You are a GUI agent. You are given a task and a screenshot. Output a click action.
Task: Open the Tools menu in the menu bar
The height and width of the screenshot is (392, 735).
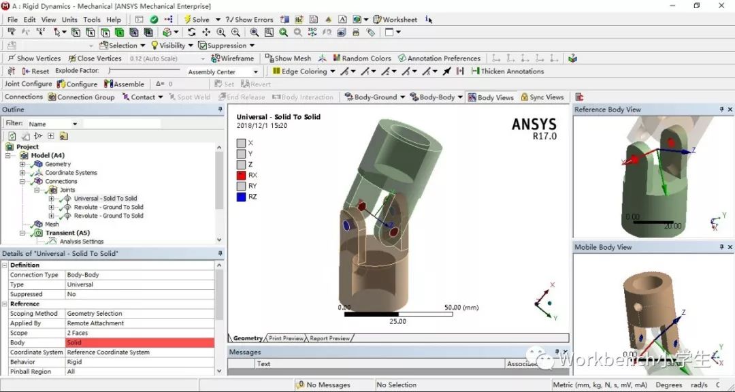[x=92, y=20]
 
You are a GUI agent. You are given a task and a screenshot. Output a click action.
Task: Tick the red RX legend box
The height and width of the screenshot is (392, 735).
[x=242, y=175]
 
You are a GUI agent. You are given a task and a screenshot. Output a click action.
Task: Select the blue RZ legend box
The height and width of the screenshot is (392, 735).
[x=242, y=197]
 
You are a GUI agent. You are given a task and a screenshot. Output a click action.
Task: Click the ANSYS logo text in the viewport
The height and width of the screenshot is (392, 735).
[x=534, y=125]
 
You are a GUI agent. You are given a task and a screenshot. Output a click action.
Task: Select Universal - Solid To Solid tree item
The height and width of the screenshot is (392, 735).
[x=105, y=199]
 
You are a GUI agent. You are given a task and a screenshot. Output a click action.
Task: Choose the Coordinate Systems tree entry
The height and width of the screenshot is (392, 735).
[x=71, y=173]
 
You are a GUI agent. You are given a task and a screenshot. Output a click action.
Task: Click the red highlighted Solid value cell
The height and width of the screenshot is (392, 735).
[x=140, y=342]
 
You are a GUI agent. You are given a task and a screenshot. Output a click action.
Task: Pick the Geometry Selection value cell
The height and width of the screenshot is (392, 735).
[x=140, y=314]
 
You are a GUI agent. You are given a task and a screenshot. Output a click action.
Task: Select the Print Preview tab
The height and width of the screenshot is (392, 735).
[x=286, y=338]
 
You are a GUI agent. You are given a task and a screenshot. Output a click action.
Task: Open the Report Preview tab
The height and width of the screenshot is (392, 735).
[x=329, y=338]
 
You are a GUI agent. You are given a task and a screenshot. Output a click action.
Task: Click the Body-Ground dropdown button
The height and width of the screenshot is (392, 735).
[x=375, y=97]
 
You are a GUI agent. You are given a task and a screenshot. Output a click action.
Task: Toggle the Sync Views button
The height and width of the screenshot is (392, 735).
[x=542, y=97]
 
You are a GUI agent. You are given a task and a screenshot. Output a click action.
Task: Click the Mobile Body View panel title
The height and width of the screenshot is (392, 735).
[x=603, y=247]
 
